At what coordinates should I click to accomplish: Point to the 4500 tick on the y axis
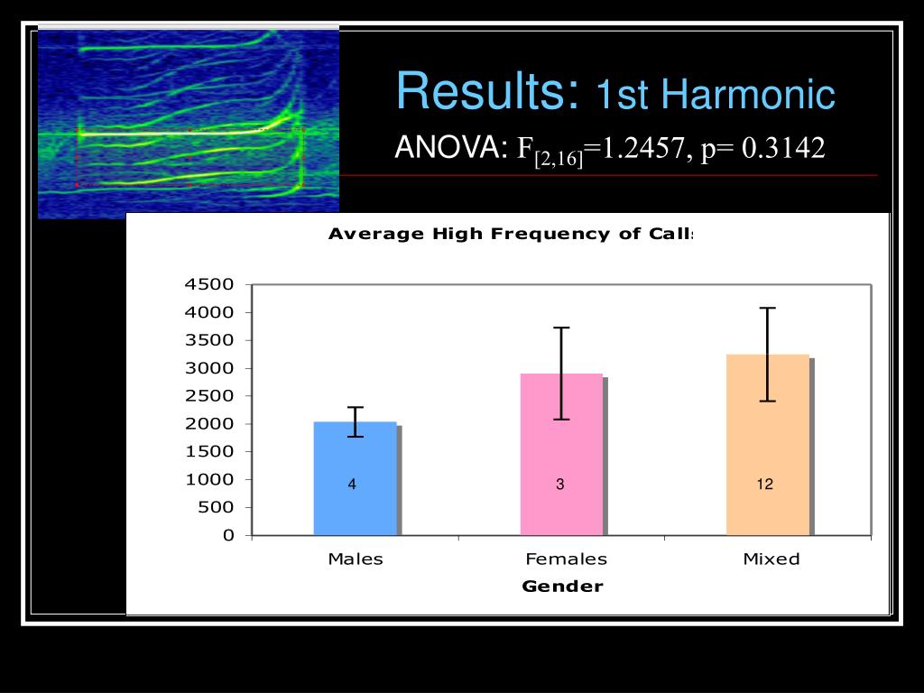coord(209,285)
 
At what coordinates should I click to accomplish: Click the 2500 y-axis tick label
coord(209,396)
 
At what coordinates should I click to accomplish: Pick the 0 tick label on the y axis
coord(227,536)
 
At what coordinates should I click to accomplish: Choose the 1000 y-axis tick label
coord(209,480)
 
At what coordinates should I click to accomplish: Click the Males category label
coord(356,559)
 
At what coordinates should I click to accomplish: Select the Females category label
coord(567,559)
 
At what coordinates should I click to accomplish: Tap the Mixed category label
coord(772,559)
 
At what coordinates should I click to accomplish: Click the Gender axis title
coord(562,587)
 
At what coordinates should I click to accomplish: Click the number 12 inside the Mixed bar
coord(765,485)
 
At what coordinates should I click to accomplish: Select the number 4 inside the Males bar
coord(352,485)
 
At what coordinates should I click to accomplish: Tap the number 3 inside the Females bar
coord(560,485)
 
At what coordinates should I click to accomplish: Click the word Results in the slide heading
coord(487,92)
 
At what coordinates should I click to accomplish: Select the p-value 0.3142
coord(783,148)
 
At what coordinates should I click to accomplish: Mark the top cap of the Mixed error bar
coord(767,308)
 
